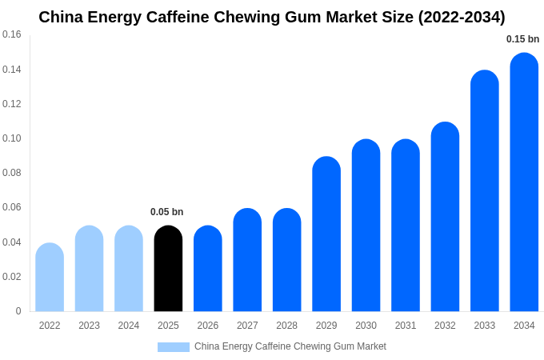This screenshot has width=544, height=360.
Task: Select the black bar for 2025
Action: (168, 269)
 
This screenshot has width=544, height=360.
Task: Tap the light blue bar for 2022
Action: (50, 278)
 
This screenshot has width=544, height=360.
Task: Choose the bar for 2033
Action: (485, 191)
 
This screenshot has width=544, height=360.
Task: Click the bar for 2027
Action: (247, 260)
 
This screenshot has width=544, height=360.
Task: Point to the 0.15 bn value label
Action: (522, 39)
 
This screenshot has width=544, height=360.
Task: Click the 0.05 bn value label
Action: (166, 212)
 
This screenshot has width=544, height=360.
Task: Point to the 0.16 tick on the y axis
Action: (12, 34)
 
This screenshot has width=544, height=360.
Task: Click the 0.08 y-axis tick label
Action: (12, 173)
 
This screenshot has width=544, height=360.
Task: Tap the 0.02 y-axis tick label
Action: (12, 277)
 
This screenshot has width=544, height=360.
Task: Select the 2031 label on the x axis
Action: (406, 326)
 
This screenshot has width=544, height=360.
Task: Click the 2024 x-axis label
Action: (129, 326)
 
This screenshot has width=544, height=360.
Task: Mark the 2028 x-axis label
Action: (286, 326)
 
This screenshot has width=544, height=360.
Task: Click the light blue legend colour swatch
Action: (174, 347)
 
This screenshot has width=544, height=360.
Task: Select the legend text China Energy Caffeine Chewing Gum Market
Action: (290, 346)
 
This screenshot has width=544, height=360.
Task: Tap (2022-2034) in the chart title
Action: (462, 17)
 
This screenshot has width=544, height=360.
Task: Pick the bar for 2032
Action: (445, 217)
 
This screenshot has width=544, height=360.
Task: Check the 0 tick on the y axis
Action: (18, 311)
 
